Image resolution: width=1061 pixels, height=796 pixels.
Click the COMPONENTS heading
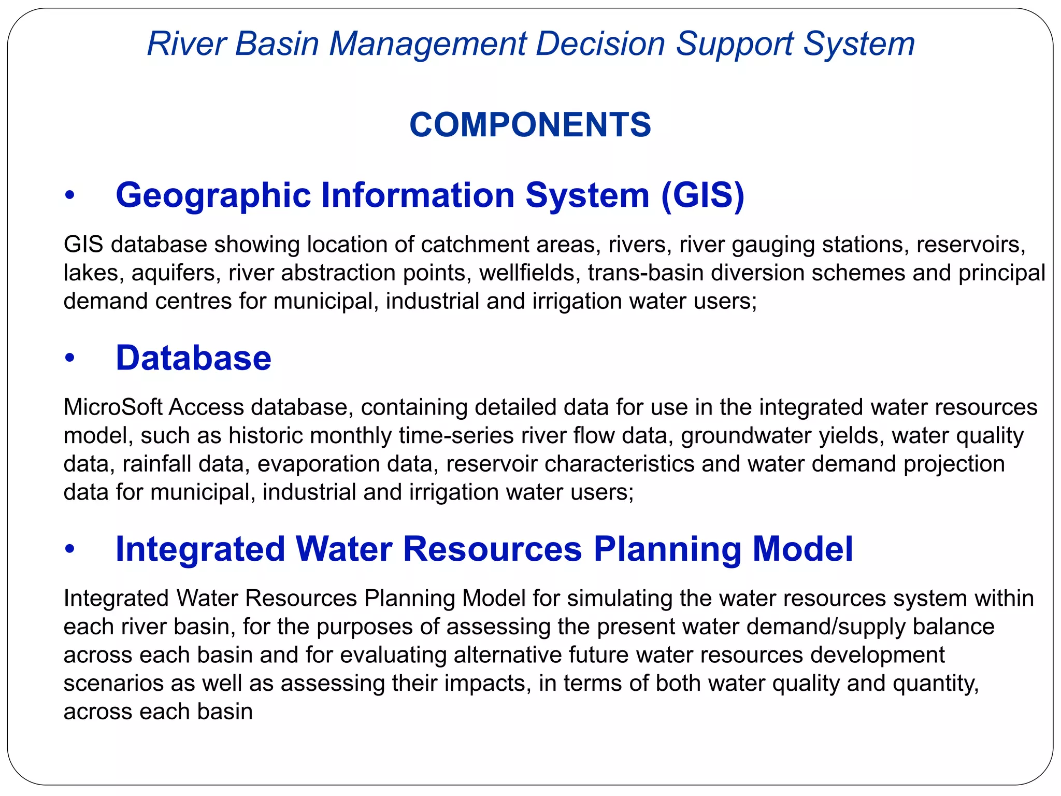530,125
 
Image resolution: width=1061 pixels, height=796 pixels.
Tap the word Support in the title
735,45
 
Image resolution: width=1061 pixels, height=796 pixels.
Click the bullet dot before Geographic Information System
70,196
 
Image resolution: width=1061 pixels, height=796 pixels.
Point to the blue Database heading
193,358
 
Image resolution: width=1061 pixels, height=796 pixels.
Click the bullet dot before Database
70,359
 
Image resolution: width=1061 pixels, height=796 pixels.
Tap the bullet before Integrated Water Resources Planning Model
70,549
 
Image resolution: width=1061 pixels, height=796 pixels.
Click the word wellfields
529,273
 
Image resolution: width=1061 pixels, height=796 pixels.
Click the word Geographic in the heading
213,196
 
